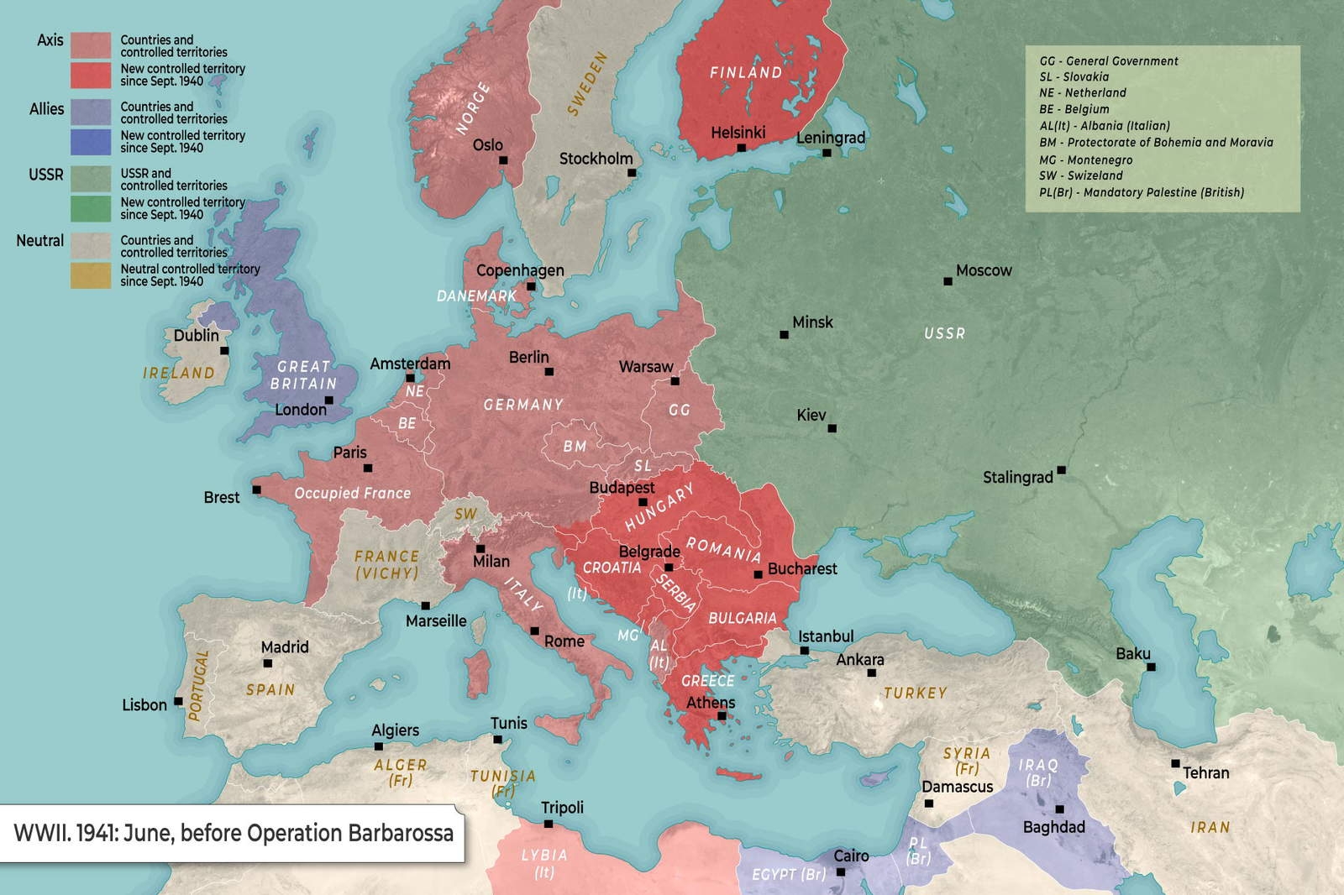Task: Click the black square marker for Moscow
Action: tap(948, 281)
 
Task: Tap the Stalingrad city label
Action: tap(1017, 478)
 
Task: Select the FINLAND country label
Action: tap(746, 73)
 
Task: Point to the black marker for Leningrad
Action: tap(827, 153)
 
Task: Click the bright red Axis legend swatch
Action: tap(91, 76)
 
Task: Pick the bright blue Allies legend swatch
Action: tap(91, 142)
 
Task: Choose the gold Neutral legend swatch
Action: tap(91, 275)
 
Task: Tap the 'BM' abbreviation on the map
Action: tap(575, 447)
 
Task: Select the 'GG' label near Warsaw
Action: tap(680, 410)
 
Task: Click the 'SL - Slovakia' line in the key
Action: tap(1074, 77)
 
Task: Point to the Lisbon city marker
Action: tap(178, 701)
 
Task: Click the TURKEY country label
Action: tap(915, 693)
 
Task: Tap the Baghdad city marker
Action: tap(1060, 809)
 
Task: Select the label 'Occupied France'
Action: tap(352, 494)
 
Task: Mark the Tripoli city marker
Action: tap(549, 824)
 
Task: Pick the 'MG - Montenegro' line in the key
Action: tap(1085, 160)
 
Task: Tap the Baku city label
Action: tap(1132, 653)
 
